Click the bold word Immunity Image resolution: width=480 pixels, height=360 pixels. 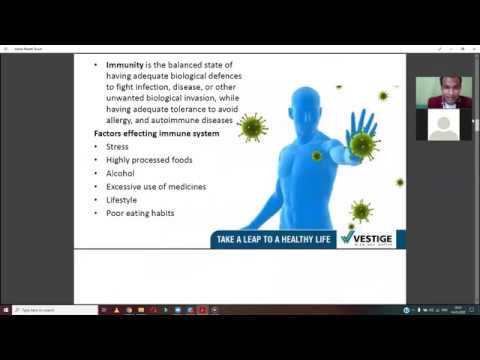(125, 65)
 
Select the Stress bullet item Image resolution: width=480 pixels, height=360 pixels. (117, 146)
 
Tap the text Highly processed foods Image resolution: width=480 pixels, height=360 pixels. (149, 159)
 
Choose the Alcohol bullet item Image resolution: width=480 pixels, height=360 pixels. (120, 173)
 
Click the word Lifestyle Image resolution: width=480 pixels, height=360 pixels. (123, 199)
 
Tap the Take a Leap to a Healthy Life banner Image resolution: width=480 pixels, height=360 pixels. (271, 238)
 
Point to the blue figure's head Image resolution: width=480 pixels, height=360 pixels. (304, 104)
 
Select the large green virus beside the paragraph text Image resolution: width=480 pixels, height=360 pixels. (252, 127)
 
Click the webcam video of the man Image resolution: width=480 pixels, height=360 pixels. (443, 92)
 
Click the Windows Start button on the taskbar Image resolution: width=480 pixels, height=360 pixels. (7, 310)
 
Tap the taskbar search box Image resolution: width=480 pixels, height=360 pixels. (45, 310)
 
